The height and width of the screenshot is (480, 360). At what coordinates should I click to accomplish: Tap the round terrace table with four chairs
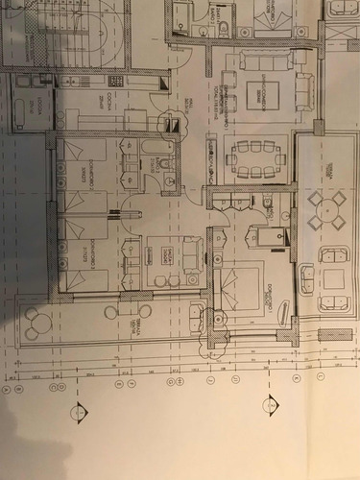326,208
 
